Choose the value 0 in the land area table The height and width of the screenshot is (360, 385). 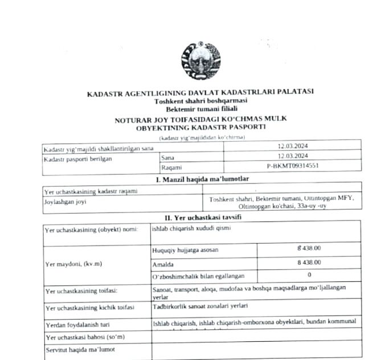(309, 275)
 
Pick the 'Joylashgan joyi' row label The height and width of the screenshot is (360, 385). (63, 202)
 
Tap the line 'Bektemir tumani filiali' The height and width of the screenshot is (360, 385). (202, 109)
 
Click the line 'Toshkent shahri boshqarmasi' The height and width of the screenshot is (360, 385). (202, 101)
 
